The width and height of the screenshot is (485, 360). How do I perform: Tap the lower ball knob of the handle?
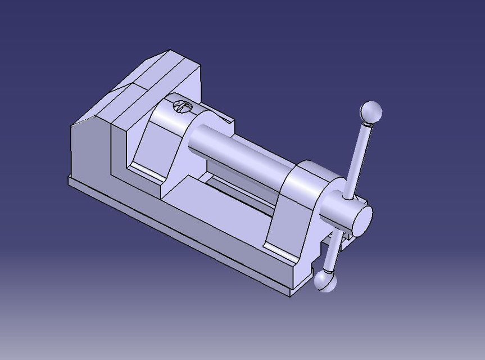point(325,280)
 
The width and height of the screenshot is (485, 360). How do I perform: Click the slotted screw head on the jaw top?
point(182,106)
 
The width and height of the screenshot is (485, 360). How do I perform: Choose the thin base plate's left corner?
point(69,180)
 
